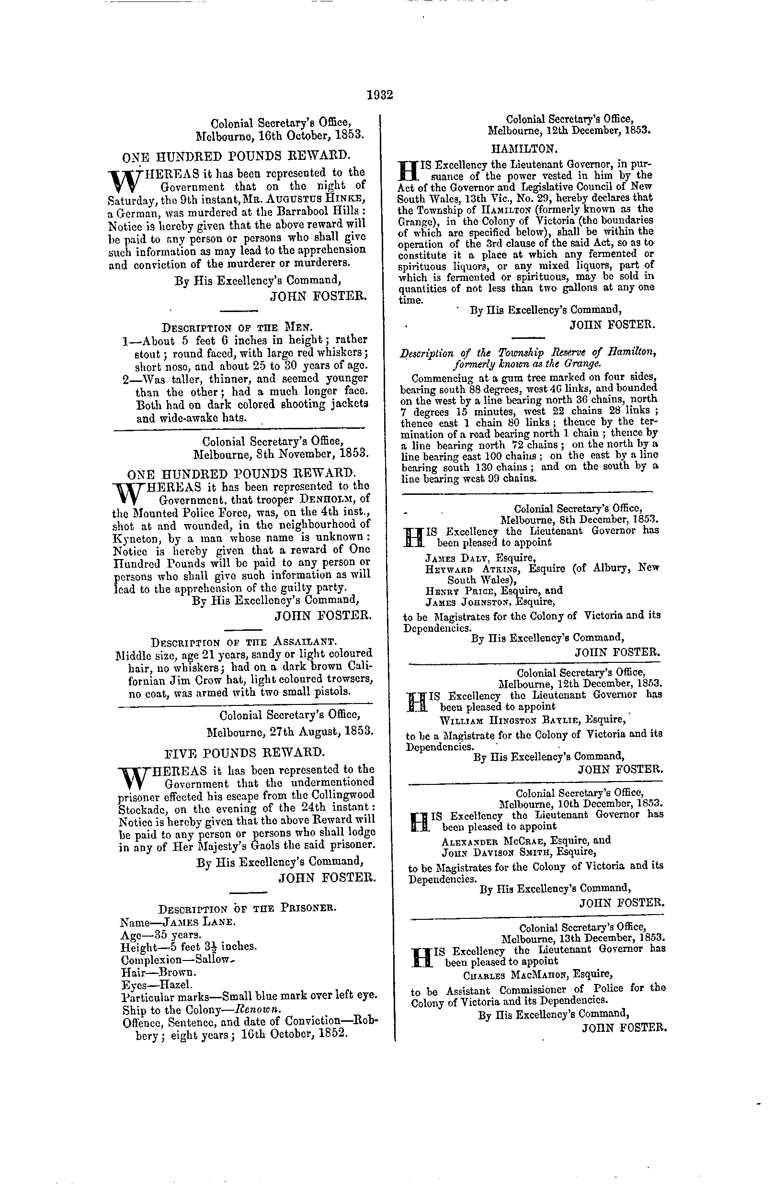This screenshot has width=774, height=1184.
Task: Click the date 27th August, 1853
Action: click(x=290, y=732)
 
